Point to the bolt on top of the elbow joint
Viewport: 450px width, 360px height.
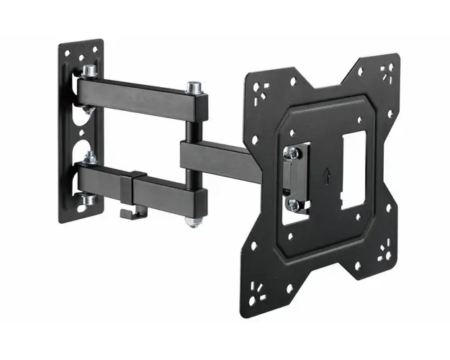pyautogui.click(x=192, y=89)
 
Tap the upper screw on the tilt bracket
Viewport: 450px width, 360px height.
pyautogui.click(x=292, y=153)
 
